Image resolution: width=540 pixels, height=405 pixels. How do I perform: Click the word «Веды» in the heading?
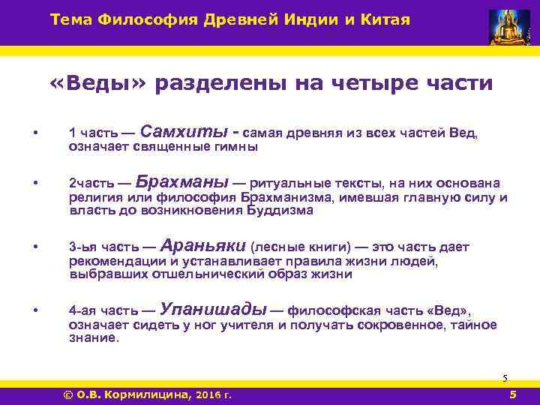coord(100,83)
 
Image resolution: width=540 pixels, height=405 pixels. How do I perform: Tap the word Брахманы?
coord(183,182)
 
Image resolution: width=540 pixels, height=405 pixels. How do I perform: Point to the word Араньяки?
coord(202,244)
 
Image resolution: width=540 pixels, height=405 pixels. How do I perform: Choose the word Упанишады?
coord(213,308)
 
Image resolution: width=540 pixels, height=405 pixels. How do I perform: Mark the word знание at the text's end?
coord(92,338)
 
